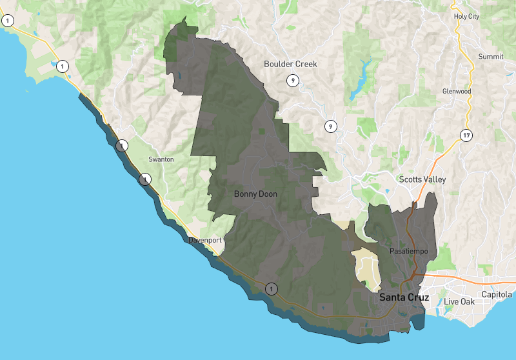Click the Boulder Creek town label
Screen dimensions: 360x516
290,64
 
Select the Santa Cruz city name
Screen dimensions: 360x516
404,297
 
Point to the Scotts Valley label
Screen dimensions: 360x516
422,179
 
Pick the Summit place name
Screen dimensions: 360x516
490,57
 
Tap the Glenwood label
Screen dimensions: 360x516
457,92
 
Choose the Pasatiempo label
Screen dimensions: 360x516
409,250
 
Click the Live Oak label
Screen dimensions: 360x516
458,302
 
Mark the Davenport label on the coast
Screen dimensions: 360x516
205,240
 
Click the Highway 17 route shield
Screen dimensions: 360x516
466,135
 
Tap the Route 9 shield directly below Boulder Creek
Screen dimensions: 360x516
293,81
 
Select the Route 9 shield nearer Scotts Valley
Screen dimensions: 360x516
330,126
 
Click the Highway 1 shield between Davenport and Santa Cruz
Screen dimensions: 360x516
272,288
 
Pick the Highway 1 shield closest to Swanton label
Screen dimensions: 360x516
146,179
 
